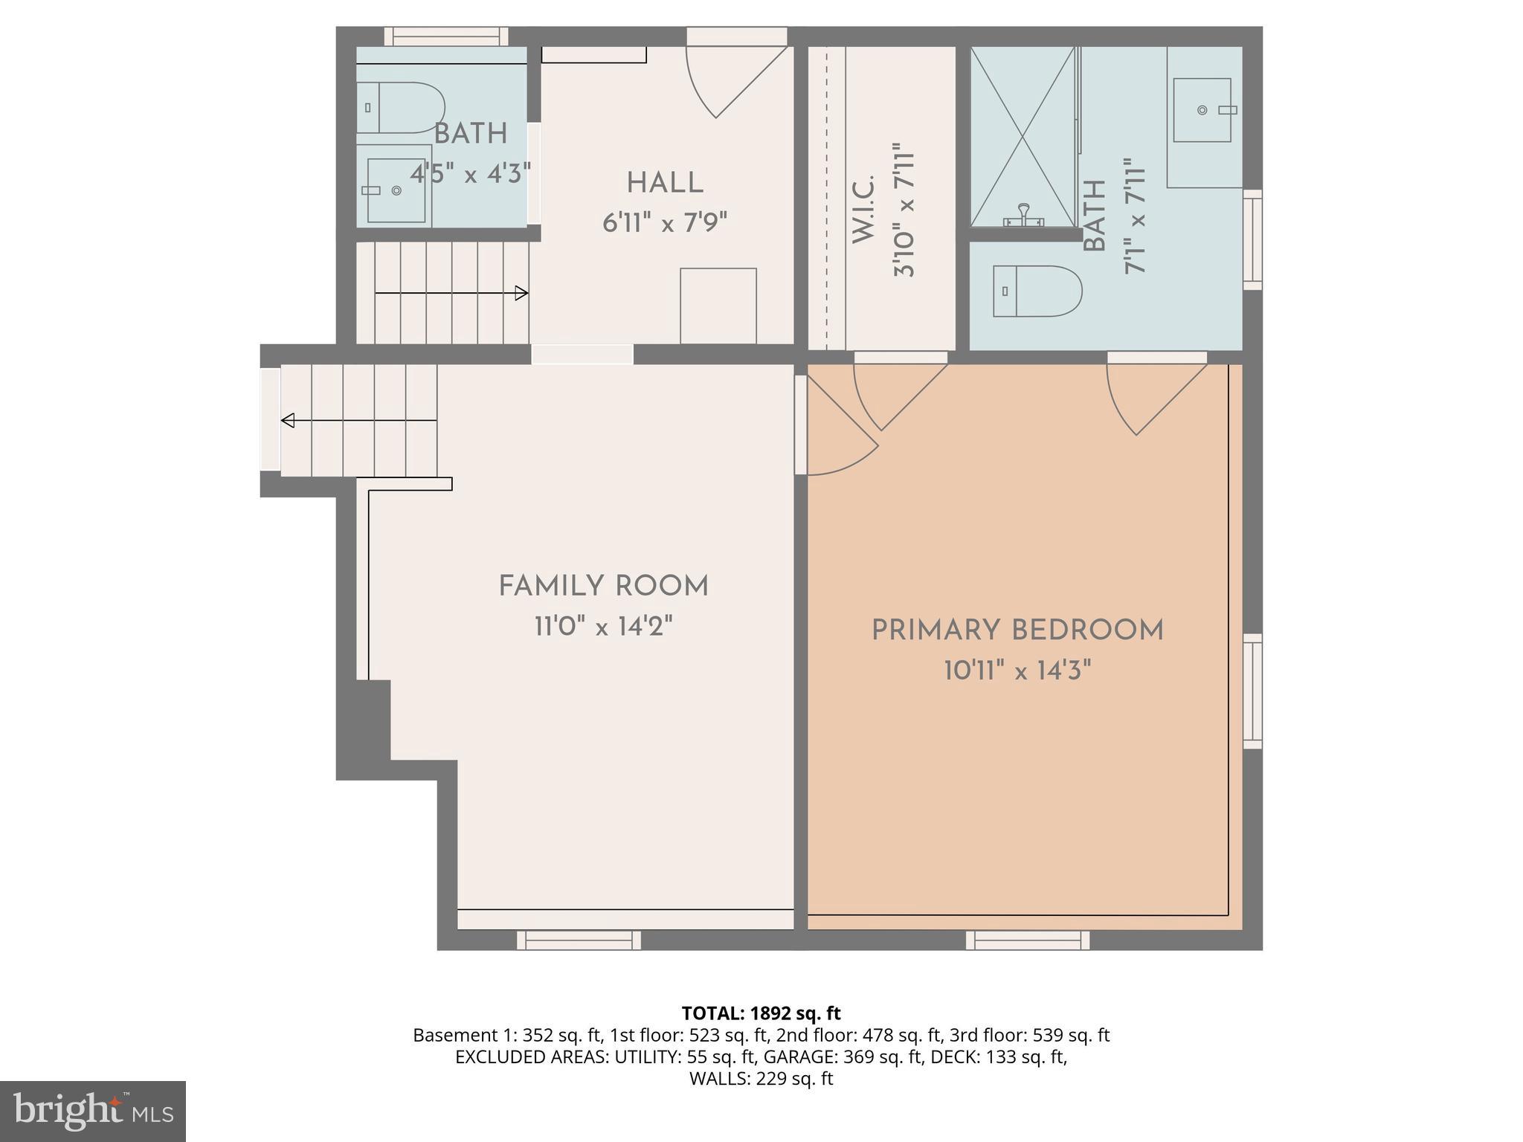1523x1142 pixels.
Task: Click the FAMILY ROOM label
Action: click(603, 587)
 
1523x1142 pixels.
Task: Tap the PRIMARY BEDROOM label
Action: click(1017, 630)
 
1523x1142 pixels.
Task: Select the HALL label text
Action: click(664, 183)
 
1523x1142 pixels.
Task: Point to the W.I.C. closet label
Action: click(863, 209)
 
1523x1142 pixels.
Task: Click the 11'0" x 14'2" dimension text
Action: click(603, 627)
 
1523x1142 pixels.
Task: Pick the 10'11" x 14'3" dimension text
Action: click(1017, 671)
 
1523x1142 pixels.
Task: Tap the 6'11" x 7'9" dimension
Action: click(664, 222)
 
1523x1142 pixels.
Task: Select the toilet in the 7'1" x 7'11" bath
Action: click(1037, 291)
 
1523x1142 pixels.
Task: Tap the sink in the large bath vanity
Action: click(1202, 110)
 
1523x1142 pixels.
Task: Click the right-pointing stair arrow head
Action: click(522, 293)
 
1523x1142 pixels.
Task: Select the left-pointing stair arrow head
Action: click(288, 421)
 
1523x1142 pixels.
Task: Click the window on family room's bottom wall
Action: click(579, 940)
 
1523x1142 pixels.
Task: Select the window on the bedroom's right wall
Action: click(1252, 691)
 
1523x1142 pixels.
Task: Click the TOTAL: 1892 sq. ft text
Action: click(761, 1013)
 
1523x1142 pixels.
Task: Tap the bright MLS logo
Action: click(92, 1111)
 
